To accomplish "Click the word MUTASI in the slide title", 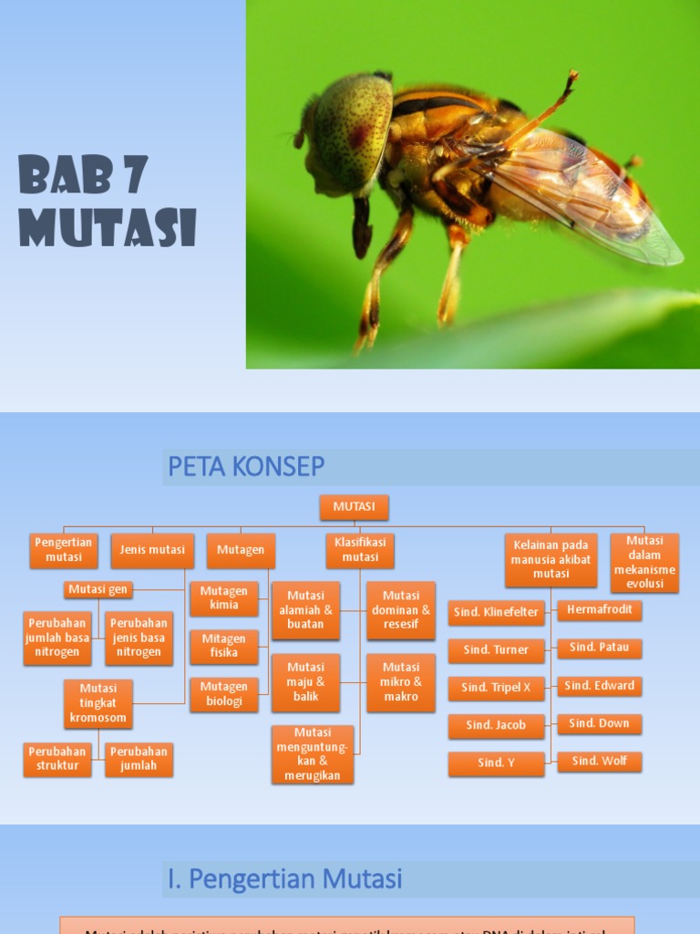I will [108, 228].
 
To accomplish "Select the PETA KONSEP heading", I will [246, 466].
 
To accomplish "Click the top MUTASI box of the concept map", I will [354, 506].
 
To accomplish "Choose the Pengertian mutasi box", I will [64, 550].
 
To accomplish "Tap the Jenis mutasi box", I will [152, 550].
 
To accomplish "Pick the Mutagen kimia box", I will [224, 598].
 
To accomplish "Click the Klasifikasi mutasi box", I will [360, 550].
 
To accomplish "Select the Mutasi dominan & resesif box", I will [401, 610].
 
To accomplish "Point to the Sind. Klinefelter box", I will [496, 612].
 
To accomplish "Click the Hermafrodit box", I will [600, 609].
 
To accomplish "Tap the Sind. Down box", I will [600, 723].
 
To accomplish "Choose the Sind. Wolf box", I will [600, 761].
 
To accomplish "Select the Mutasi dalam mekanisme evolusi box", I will [644, 562].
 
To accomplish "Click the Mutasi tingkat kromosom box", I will [98, 703].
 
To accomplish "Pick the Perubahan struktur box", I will [57, 759].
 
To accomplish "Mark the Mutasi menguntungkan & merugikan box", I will [313, 754].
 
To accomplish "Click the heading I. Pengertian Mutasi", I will [285, 879].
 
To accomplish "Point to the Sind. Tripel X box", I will [496, 688].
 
